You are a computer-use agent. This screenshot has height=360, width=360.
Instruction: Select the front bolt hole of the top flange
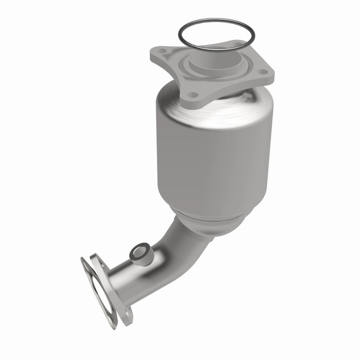coord(192,95)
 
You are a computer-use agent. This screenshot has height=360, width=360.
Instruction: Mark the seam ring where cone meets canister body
coord(207,211)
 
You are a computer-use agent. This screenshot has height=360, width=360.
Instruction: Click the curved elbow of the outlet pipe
coord(173,243)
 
